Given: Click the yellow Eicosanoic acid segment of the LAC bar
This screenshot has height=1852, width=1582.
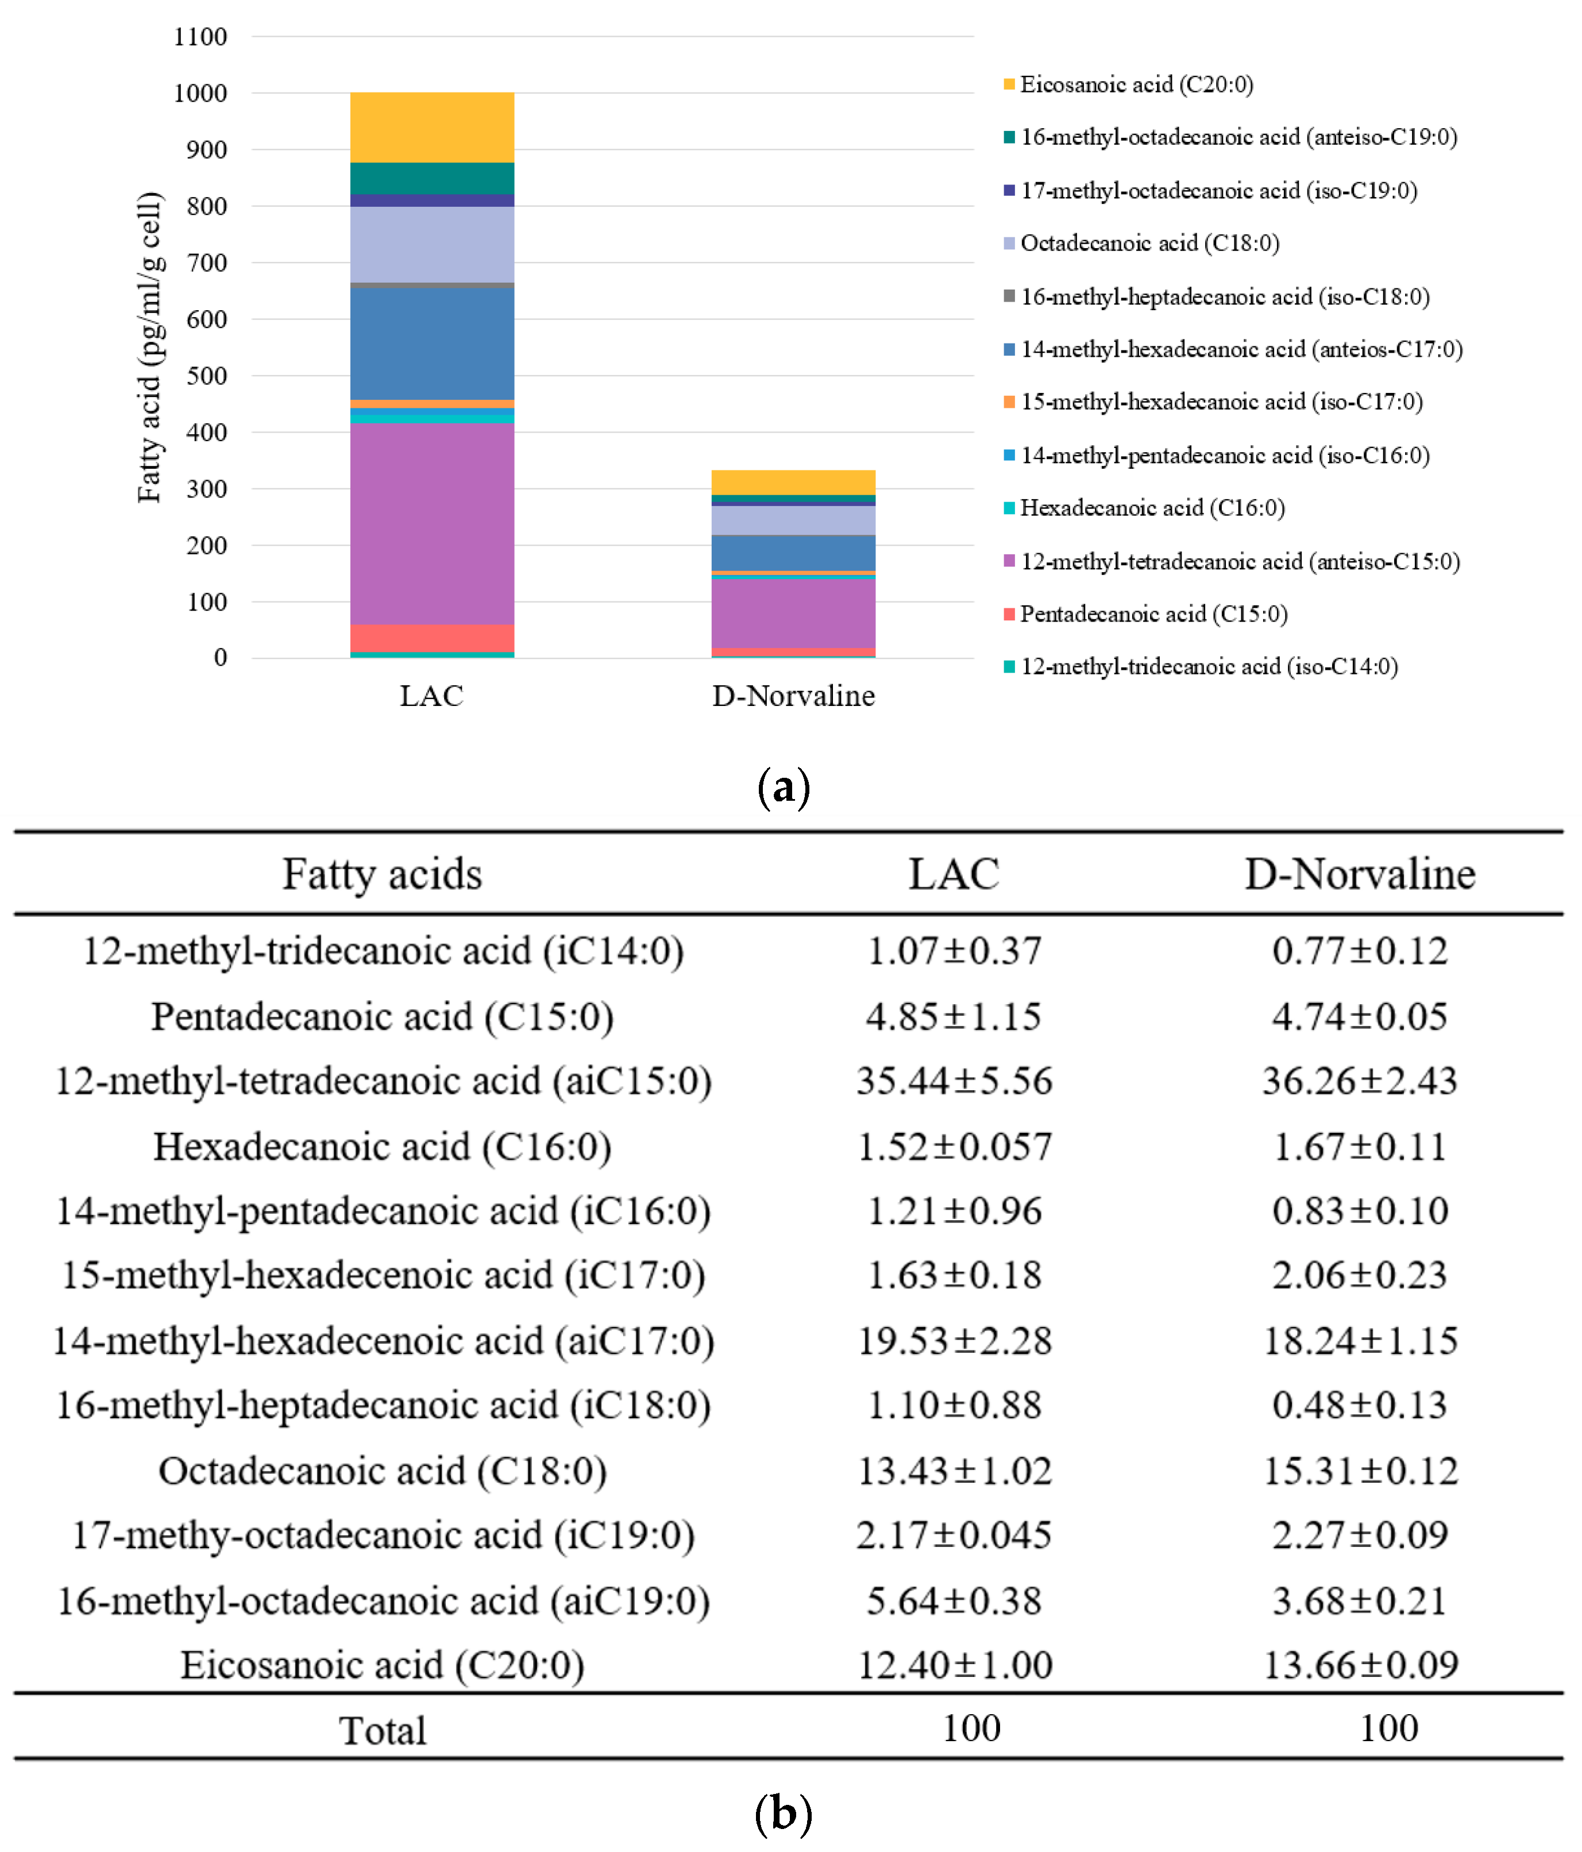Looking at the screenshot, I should click(432, 127).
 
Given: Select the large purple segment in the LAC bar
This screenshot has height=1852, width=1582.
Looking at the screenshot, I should click(432, 523).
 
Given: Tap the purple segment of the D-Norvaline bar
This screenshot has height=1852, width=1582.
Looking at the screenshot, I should click(793, 613).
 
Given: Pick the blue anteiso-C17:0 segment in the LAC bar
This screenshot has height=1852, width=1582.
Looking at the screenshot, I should click(432, 344).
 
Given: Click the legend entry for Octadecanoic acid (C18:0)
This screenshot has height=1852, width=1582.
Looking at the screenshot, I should click(1148, 243).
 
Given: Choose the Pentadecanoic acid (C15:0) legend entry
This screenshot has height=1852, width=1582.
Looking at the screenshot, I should click(1153, 614).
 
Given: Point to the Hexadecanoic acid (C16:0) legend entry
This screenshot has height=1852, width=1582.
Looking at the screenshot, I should click(1151, 508).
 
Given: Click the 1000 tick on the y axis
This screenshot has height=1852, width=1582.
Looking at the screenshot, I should click(200, 93).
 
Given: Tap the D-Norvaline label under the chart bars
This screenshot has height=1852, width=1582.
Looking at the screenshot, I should click(793, 696).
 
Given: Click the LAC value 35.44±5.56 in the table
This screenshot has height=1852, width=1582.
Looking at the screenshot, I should click(954, 1081).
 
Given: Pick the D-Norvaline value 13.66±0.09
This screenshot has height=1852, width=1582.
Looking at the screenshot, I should click(1360, 1664).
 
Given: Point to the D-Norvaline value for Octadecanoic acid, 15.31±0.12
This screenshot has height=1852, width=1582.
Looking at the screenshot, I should click(1360, 1471).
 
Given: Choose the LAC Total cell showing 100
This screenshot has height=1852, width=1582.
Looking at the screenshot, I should click(971, 1728).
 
